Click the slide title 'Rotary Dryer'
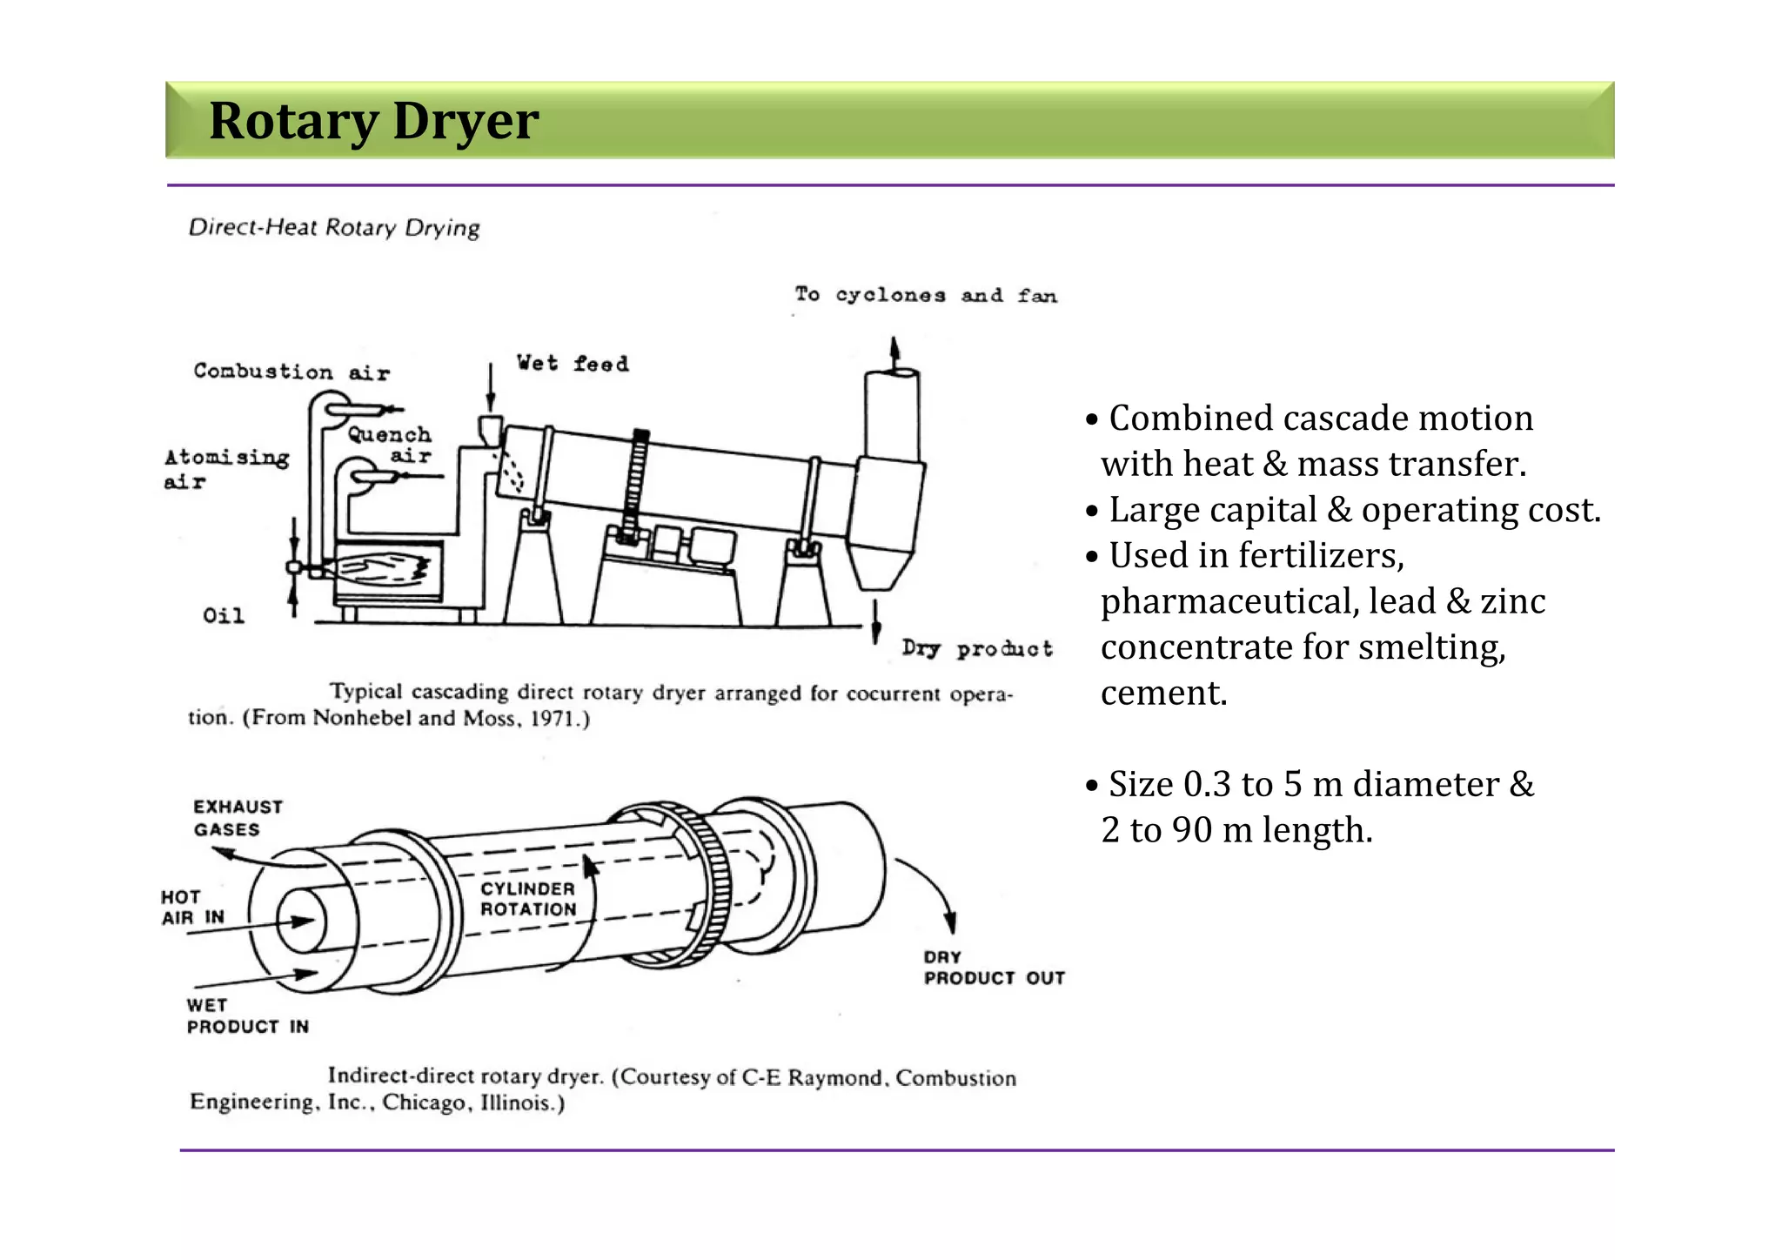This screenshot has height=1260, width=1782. click(373, 121)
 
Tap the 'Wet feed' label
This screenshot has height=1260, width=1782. click(572, 363)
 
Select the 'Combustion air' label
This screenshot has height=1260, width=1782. click(291, 372)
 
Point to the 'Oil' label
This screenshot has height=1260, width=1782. click(224, 616)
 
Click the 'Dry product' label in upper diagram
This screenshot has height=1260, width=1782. click(977, 649)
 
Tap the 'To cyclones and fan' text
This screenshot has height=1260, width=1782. click(926, 295)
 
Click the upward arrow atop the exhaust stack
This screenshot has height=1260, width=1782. click(894, 352)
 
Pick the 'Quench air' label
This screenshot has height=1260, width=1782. click(392, 445)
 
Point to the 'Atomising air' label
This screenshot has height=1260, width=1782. click(225, 468)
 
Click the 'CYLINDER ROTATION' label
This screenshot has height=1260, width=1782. click(528, 899)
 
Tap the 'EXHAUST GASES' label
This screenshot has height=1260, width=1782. click(237, 818)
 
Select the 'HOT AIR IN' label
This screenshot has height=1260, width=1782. click(192, 908)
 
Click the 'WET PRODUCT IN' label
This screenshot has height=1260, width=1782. click(246, 1016)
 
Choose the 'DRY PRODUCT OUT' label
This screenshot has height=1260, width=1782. click(993, 968)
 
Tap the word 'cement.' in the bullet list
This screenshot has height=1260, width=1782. click(1163, 694)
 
